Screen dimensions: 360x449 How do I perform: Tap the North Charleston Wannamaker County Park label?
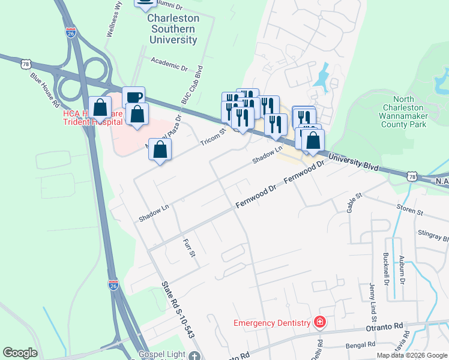(x=410, y=112)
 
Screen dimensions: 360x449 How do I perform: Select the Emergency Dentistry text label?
(x=272, y=323)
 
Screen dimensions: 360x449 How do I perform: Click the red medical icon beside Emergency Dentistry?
(x=320, y=323)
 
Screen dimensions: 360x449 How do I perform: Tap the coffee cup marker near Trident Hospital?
(x=133, y=97)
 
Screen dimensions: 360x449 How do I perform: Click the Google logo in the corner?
(x=20, y=353)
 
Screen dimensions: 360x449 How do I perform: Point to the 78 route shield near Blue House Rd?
(x=25, y=64)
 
